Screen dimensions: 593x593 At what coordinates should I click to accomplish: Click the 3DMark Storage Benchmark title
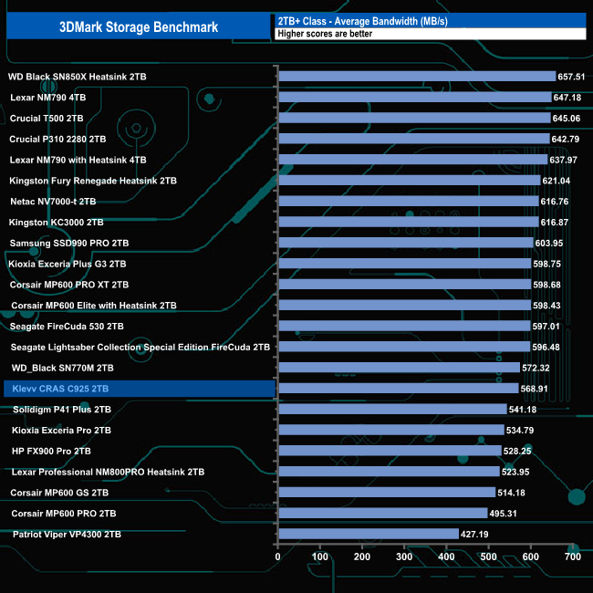tap(139, 26)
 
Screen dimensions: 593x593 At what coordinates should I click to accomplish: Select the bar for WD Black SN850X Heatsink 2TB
tap(417, 77)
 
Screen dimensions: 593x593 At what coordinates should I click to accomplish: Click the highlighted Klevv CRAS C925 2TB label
tap(59, 389)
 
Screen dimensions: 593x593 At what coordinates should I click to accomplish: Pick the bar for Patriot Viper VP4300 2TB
tap(369, 534)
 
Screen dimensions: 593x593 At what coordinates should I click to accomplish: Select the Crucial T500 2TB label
tap(47, 119)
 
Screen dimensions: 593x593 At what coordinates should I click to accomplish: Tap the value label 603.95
tap(554, 243)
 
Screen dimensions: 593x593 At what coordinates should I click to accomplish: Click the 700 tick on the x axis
tap(573, 557)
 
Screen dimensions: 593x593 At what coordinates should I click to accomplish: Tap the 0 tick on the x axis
tap(278, 557)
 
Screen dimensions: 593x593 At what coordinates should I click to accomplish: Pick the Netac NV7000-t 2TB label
tap(53, 202)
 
